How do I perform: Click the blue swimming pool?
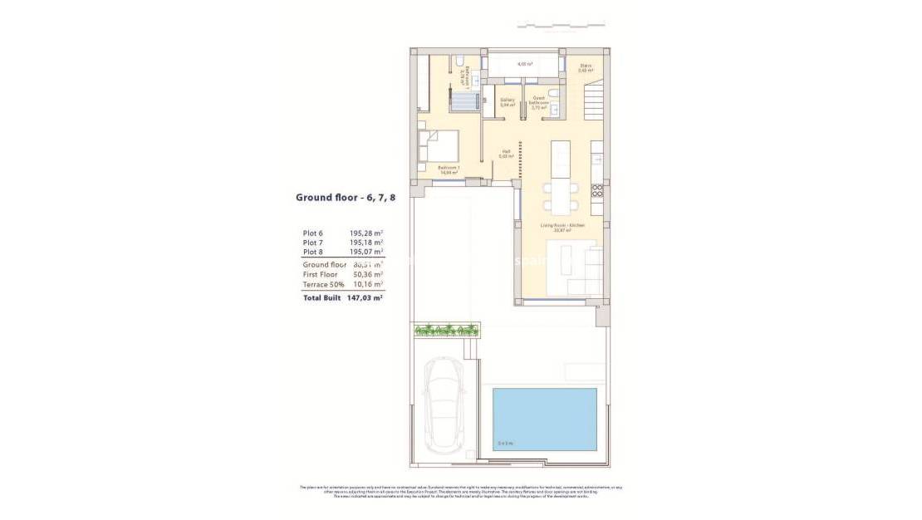pyautogui.click(x=545, y=419)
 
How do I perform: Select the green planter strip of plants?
pyautogui.click(x=448, y=330)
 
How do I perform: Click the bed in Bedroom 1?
pyautogui.click(x=438, y=146)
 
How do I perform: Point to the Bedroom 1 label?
pyautogui.click(x=449, y=169)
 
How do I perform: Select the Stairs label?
pyautogui.click(x=586, y=68)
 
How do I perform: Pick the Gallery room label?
pyautogui.click(x=507, y=102)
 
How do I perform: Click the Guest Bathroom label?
pyautogui.click(x=537, y=103)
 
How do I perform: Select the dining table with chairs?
pyautogui.click(x=560, y=195)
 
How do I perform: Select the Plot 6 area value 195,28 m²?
pyautogui.click(x=366, y=233)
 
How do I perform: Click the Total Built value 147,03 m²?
pyautogui.click(x=365, y=297)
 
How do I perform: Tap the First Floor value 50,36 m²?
pyautogui.click(x=366, y=274)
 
